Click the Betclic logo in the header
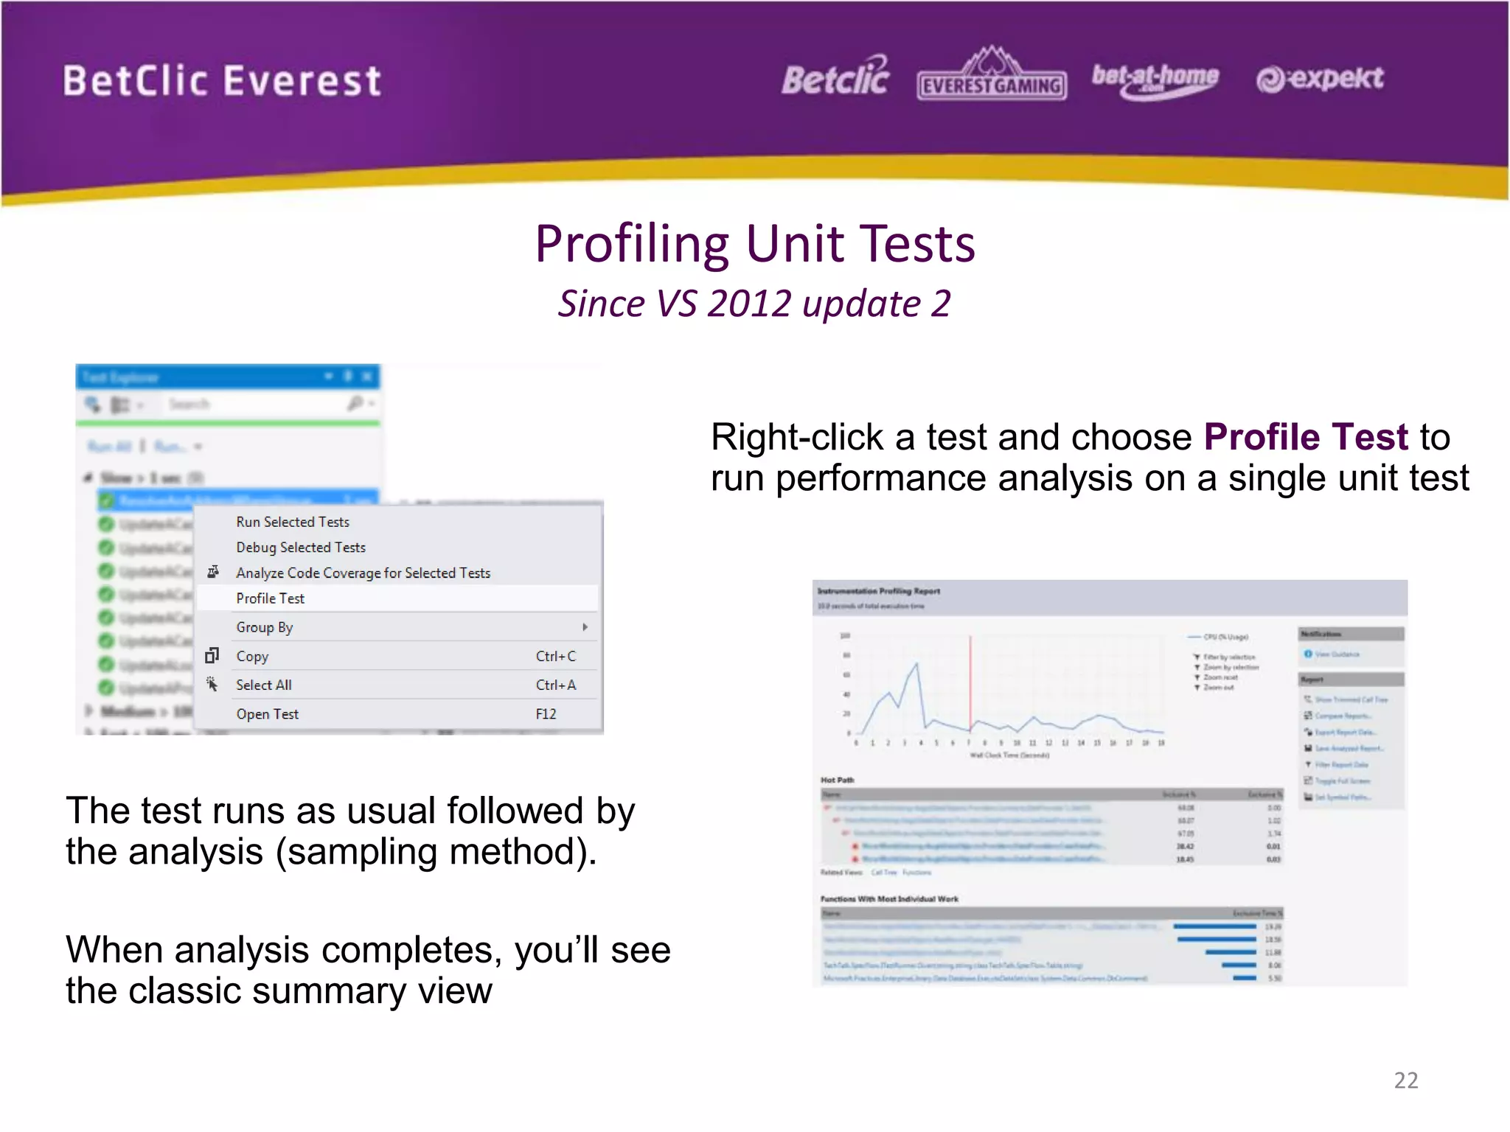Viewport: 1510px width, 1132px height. point(835,77)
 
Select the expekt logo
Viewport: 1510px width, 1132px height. point(1320,78)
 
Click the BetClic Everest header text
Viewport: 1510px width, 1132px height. point(222,81)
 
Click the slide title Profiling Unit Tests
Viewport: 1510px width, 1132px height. point(754,244)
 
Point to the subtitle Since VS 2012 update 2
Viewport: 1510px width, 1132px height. point(754,304)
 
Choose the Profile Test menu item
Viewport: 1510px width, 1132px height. point(270,598)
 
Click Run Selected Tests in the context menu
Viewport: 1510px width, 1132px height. point(293,522)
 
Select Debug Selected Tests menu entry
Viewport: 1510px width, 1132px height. point(301,548)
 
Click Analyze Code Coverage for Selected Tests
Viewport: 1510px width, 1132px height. point(363,573)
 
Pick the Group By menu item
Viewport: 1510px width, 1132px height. point(264,627)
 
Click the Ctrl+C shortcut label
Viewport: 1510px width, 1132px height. point(555,656)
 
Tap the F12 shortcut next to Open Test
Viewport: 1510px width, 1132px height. point(546,713)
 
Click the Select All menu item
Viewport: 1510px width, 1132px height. point(263,685)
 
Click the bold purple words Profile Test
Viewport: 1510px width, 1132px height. point(1306,437)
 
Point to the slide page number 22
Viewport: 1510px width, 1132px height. point(1405,1080)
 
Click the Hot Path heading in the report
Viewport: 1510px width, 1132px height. point(837,780)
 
